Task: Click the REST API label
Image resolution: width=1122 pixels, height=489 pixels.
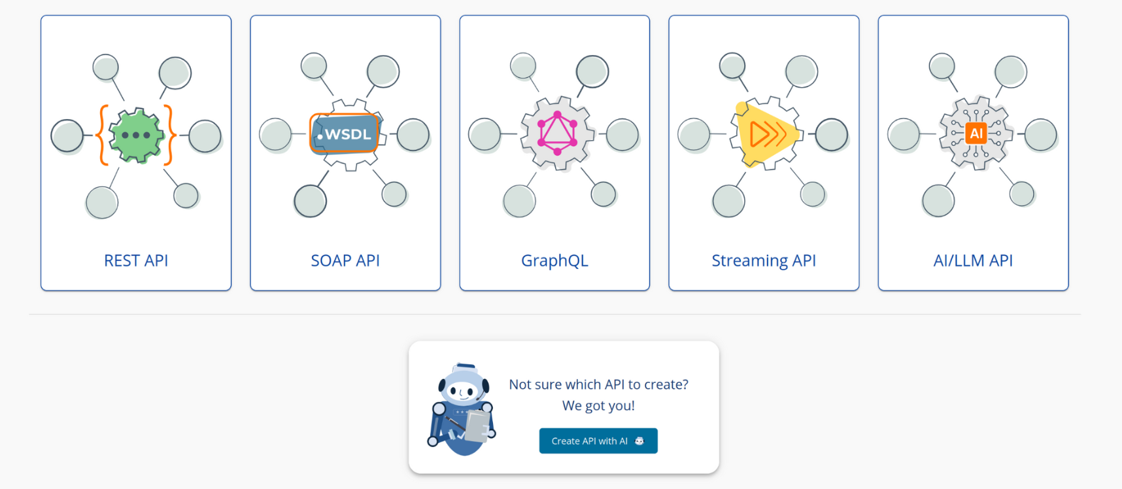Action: click(136, 261)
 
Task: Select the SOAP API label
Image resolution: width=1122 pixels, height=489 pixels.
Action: click(345, 261)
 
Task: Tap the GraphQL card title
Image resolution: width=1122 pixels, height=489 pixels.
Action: click(554, 261)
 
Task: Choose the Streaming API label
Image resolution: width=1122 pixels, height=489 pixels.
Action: click(764, 261)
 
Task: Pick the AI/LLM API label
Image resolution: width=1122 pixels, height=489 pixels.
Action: click(973, 261)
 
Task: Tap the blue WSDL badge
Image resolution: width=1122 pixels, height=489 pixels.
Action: click(345, 134)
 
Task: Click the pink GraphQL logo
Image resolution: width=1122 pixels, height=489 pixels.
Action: click(557, 133)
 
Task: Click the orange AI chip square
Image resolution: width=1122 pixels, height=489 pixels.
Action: click(976, 134)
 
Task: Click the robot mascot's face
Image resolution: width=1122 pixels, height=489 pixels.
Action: click(463, 391)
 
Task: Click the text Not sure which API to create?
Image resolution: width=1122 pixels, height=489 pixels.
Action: click(598, 384)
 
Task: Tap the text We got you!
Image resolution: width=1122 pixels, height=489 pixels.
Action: click(598, 406)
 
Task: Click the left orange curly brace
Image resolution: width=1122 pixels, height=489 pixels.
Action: click(101, 135)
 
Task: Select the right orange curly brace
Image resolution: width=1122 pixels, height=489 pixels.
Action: click(170, 135)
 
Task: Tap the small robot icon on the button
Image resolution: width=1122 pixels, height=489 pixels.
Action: click(639, 441)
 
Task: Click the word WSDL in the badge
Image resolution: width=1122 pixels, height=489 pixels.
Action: click(348, 134)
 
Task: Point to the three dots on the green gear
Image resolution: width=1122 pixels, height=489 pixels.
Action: click(136, 136)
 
